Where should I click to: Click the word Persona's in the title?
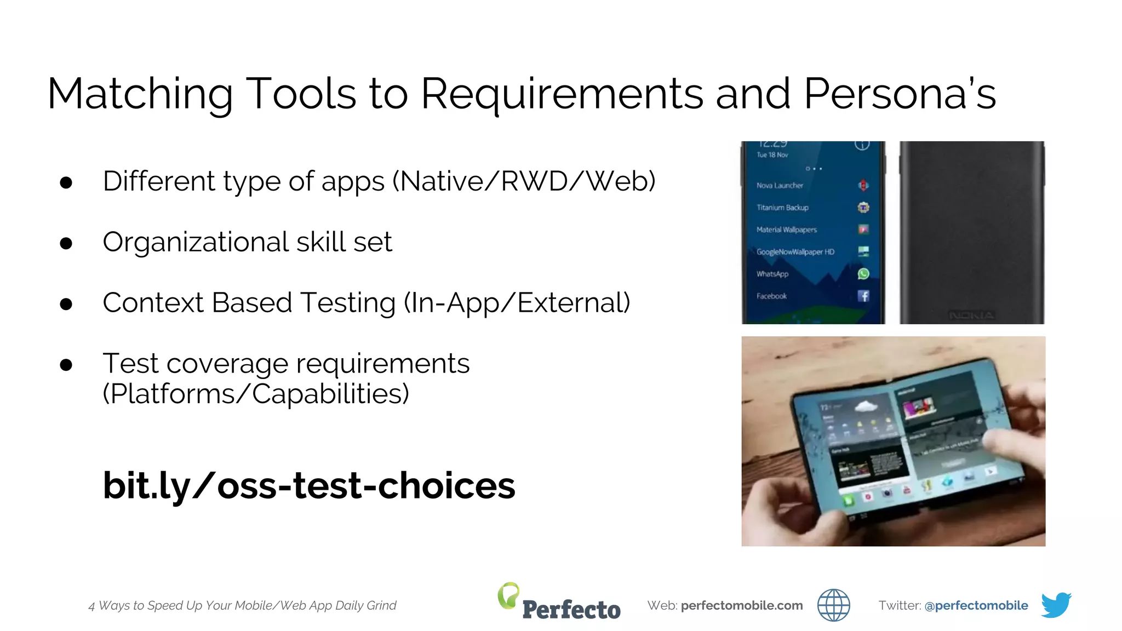(899, 94)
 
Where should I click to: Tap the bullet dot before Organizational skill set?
(66, 243)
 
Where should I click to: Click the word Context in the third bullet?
(153, 303)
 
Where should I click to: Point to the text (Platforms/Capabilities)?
(256, 394)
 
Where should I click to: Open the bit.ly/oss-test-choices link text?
(309, 485)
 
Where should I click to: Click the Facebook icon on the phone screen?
(863, 296)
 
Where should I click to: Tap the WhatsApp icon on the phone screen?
(863, 274)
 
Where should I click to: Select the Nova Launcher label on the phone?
(780, 186)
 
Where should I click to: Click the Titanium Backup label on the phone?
(782, 208)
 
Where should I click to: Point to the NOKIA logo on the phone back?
(971, 315)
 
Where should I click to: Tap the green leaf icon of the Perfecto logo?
(508, 595)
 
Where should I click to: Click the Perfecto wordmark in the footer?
(571, 610)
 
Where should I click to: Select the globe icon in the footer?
(833, 605)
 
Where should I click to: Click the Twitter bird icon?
(1056, 605)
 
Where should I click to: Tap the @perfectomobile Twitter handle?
(976, 605)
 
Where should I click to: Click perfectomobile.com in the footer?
(741, 605)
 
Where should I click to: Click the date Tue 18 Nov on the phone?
(772, 155)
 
